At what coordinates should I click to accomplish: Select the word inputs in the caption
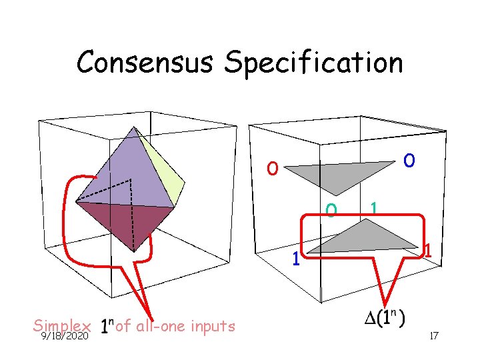pyautogui.click(x=213, y=326)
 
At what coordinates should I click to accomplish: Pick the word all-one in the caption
pyautogui.click(x=160, y=326)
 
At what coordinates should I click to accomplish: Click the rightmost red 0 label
pyautogui.click(x=409, y=161)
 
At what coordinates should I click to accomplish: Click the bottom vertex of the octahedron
pyautogui.click(x=135, y=251)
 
